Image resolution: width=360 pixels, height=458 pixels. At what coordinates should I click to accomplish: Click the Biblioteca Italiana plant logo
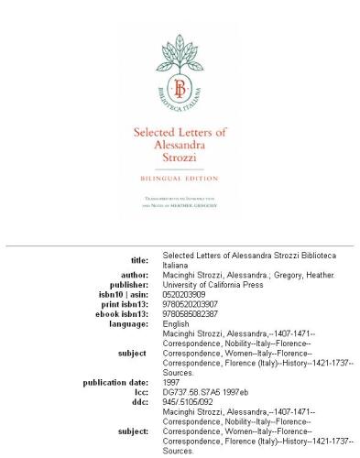tap(180, 70)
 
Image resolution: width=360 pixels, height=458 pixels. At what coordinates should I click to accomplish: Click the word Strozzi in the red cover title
tap(180, 158)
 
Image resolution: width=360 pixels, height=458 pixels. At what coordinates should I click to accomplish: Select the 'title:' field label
tap(136, 261)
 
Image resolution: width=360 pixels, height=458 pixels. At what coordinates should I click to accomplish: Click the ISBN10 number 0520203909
tap(185, 294)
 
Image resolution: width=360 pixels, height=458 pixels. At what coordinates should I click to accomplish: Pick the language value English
tap(176, 322)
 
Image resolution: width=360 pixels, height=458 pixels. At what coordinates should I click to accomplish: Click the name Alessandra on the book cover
tap(180, 146)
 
